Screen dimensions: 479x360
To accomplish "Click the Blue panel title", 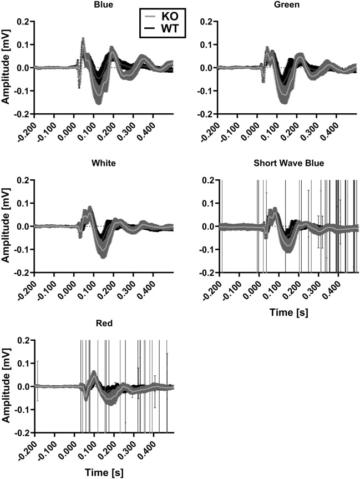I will click(x=104, y=5).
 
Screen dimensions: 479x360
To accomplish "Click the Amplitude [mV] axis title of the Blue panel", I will click(x=6, y=67).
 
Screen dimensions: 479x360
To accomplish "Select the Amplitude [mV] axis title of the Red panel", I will click(x=6, y=386).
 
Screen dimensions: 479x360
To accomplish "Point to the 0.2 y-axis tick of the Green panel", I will click(x=208, y=22).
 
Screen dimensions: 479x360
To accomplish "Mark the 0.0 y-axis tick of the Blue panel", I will click(x=23, y=68).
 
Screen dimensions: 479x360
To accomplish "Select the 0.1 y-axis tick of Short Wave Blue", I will click(x=208, y=203).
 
